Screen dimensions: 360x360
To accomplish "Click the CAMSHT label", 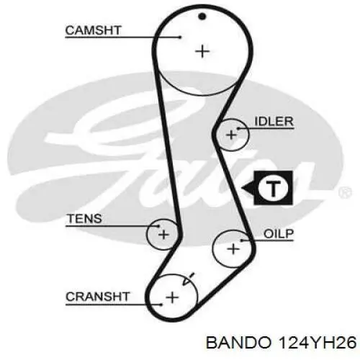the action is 93,30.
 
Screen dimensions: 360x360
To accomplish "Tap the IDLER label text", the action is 274,122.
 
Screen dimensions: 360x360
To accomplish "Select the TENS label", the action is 85,219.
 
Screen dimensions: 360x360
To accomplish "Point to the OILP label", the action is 279,234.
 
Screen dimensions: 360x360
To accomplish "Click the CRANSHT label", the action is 98,297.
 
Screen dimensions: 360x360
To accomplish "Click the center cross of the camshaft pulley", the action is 202,52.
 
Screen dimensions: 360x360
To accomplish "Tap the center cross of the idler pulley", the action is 232,135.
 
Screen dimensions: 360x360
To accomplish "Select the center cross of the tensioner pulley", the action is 163,235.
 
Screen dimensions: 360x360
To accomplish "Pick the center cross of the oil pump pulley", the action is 233,248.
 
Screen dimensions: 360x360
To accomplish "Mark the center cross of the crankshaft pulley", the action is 172,298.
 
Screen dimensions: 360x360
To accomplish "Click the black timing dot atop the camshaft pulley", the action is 202,17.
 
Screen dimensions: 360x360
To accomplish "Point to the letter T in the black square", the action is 274,189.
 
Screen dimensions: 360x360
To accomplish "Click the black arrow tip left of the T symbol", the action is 242,188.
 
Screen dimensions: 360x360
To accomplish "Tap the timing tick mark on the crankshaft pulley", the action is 188,279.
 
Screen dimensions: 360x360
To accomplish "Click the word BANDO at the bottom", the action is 238,343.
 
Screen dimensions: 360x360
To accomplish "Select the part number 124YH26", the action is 317,343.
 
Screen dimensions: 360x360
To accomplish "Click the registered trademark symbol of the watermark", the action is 345,192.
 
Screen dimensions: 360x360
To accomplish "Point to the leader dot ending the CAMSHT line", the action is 180,37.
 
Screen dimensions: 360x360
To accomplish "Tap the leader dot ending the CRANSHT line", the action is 161,305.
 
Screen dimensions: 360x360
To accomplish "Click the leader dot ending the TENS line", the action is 158,226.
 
